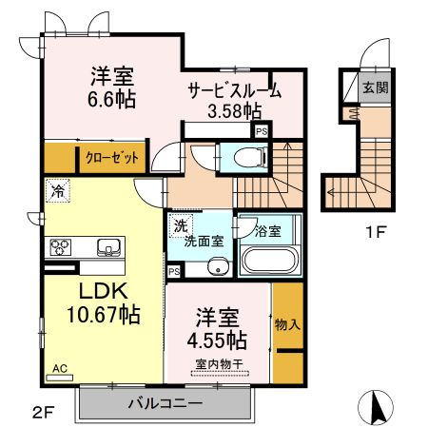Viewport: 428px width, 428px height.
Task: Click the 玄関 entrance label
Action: [374, 88]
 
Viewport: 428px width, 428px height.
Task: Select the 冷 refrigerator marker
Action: [56, 188]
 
